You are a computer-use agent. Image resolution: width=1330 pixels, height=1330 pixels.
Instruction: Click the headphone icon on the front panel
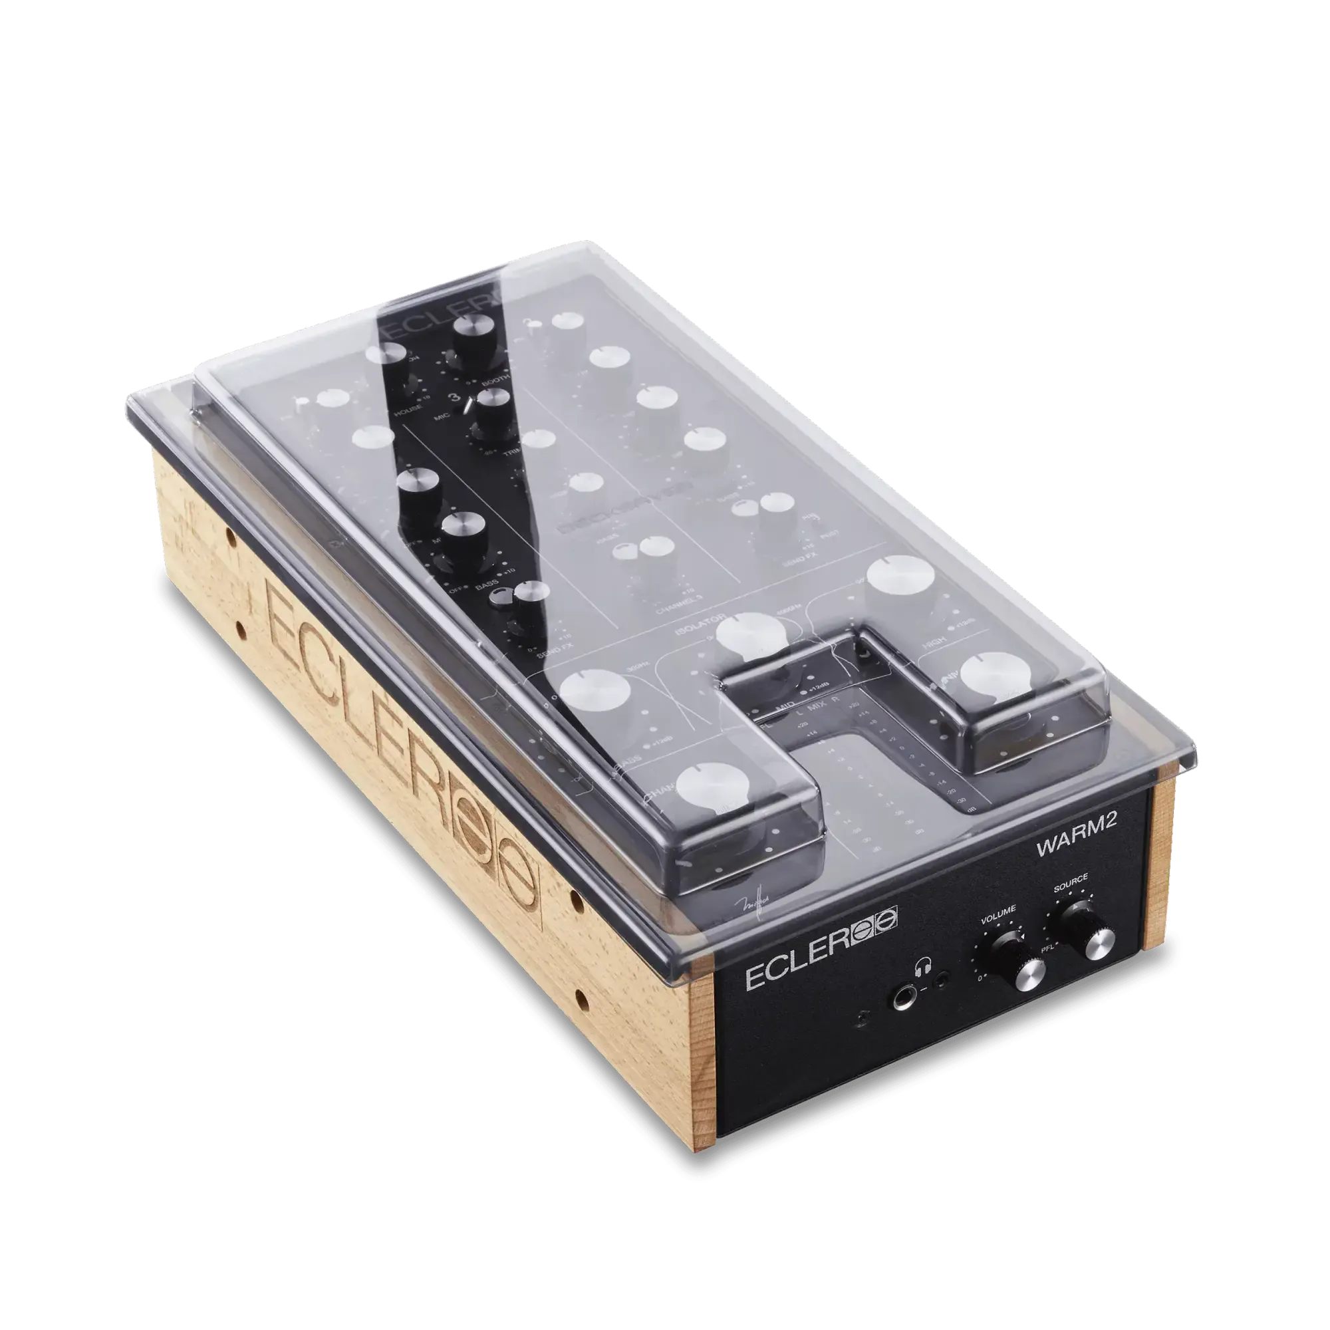[920, 971]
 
